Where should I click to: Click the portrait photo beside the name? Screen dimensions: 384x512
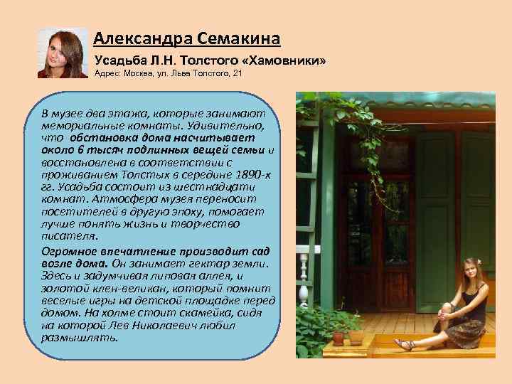(62, 53)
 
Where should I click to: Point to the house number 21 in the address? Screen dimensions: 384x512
(238, 75)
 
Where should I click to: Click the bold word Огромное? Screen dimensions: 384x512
(73, 251)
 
